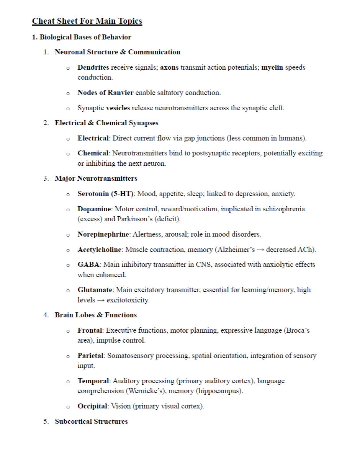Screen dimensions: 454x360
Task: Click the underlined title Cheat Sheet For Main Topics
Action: coord(87,21)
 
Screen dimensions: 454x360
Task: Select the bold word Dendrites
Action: coord(93,67)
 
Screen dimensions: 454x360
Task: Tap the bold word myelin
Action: coord(272,67)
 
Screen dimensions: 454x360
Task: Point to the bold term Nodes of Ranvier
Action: coord(105,93)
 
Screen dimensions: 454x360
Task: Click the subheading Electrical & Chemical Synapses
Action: coord(106,123)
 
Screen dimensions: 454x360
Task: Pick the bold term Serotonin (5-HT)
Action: coord(106,194)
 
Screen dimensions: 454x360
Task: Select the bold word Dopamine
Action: coord(94,209)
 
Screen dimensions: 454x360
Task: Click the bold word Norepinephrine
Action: coord(104,234)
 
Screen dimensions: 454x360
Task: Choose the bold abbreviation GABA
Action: coord(88,265)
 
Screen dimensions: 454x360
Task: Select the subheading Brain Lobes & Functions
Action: coord(96,315)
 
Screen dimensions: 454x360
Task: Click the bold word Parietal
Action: coord(90,356)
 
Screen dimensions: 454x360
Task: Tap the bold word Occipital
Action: coord(93,406)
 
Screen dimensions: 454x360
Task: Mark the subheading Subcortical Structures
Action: coord(91,421)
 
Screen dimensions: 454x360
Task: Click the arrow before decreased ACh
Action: coord(260,250)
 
